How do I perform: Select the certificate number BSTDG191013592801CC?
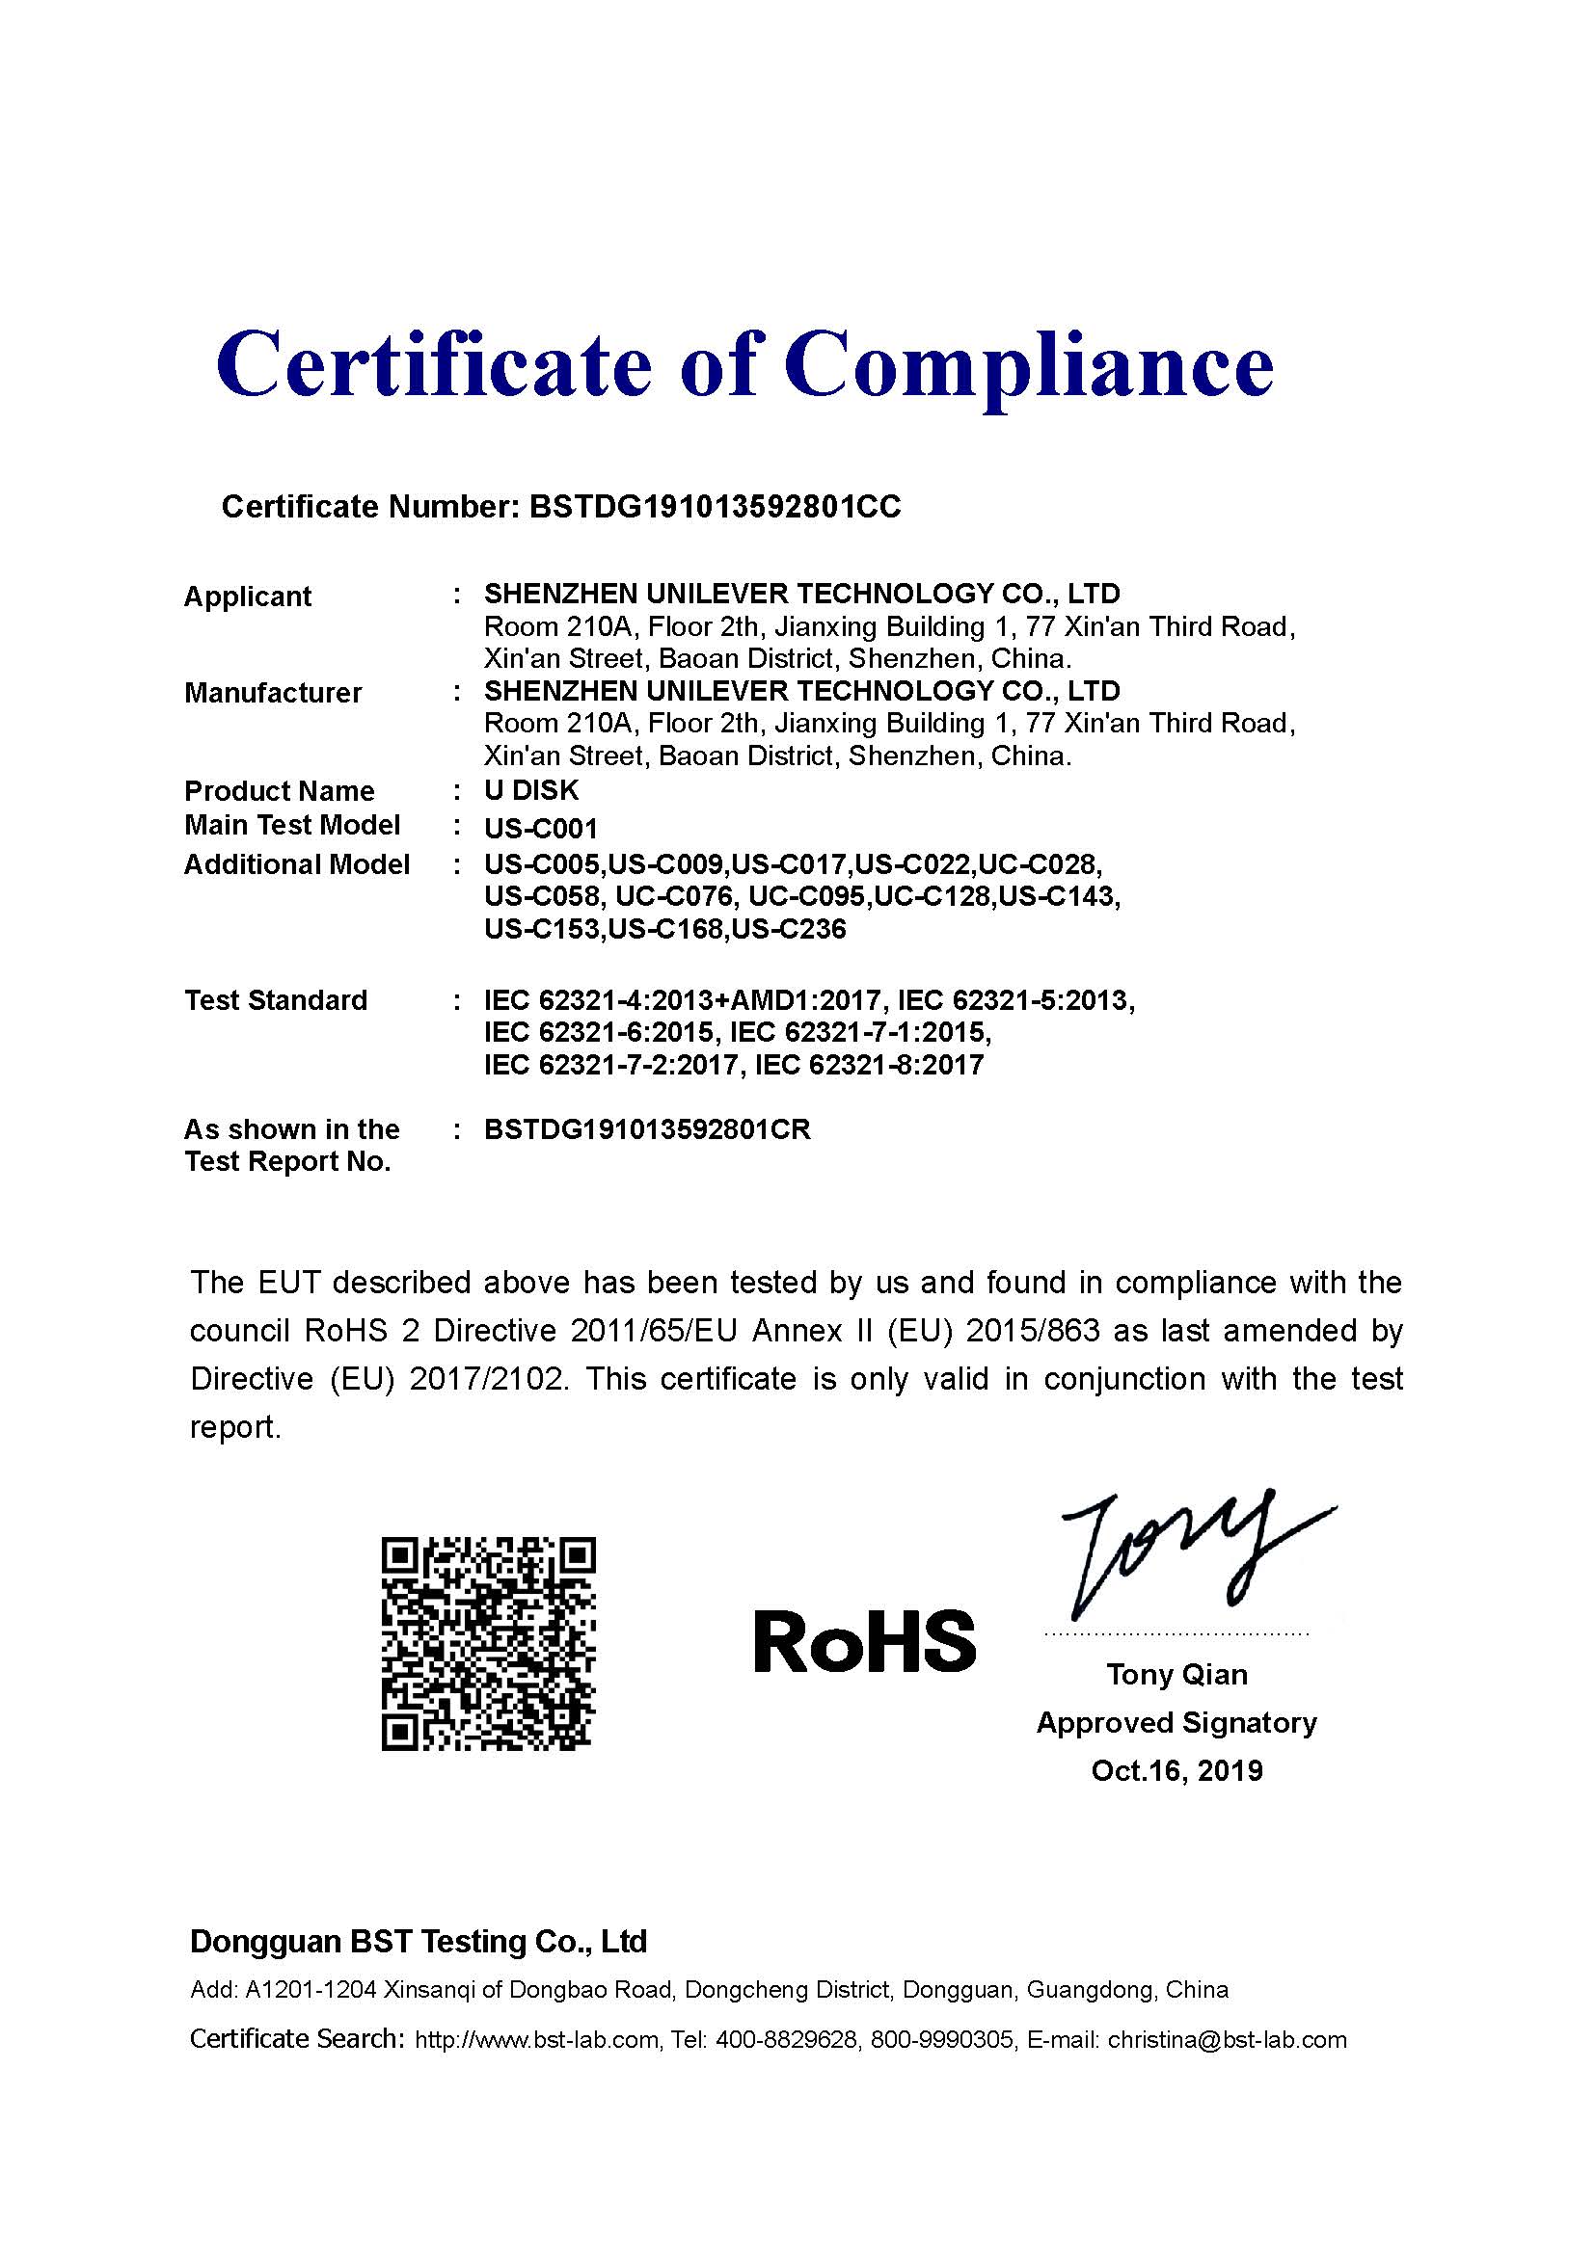tap(714, 507)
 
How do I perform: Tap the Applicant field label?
tap(248, 597)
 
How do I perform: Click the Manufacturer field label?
tap(273, 693)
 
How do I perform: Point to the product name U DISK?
tap(531, 790)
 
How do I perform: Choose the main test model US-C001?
tap(540, 829)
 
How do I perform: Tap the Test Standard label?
tap(276, 1000)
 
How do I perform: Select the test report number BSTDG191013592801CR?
tap(647, 1130)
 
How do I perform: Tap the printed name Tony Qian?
tap(1176, 1675)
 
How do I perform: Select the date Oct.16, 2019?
tap(1176, 1770)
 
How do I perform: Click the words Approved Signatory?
tap(1176, 1723)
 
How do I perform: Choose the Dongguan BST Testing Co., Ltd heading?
tap(419, 1942)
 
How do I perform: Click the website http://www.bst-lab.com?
tap(536, 2040)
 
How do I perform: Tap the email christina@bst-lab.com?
tap(1227, 2040)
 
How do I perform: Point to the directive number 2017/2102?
tap(487, 1379)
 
